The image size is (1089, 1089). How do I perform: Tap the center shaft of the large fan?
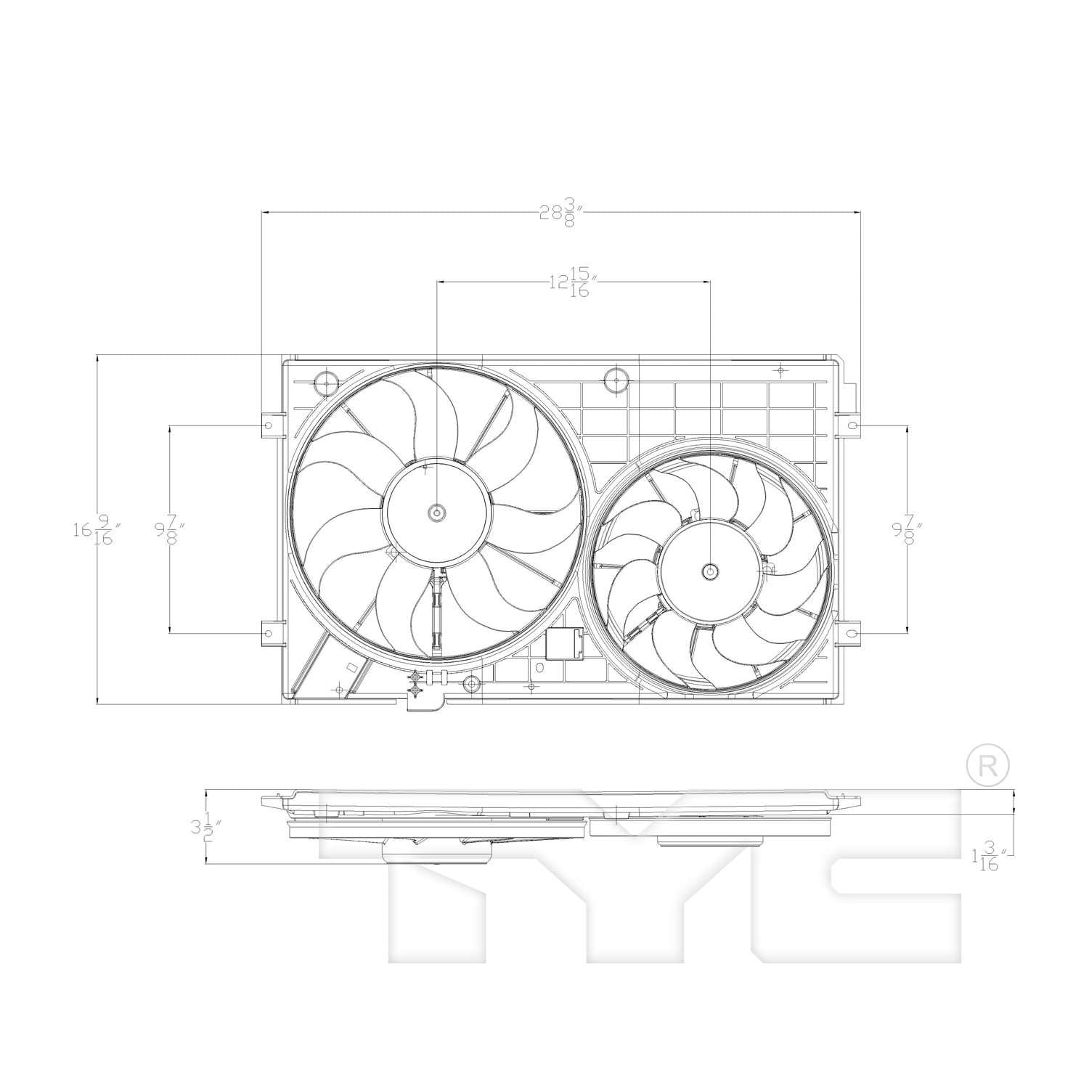pos(437,513)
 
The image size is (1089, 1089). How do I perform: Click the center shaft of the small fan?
pos(710,571)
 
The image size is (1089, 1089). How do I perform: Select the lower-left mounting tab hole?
pos(268,634)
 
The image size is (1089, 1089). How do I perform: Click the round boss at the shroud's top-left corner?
pos(326,383)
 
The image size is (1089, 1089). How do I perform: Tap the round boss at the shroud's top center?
pos(616,379)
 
